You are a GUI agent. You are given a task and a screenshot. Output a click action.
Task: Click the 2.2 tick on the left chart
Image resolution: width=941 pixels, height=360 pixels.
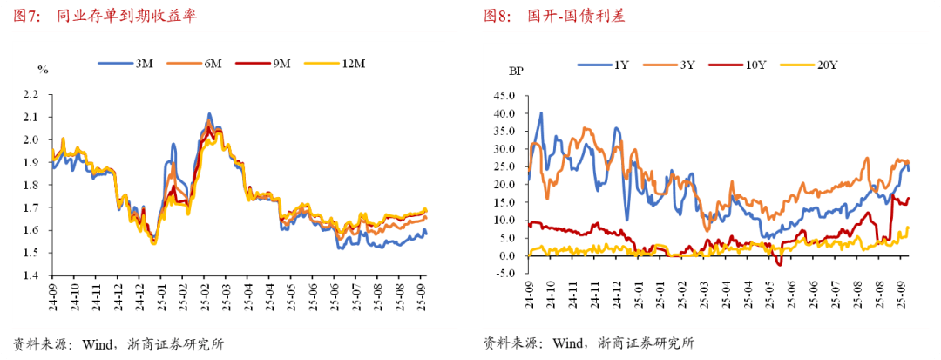pyautogui.click(x=32, y=94)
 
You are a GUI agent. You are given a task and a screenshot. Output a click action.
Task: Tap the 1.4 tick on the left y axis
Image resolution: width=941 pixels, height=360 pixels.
pyautogui.click(x=32, y=275)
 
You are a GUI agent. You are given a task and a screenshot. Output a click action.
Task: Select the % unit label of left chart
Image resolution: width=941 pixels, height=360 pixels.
pyautogui.click(x=41, y=69)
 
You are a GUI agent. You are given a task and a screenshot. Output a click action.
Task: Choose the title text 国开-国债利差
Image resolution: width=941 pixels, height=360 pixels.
pyautogui.click(x=576, y=16)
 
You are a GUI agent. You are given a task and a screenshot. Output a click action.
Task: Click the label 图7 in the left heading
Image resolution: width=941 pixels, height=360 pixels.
pyautogui.click(x=24, y=16)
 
